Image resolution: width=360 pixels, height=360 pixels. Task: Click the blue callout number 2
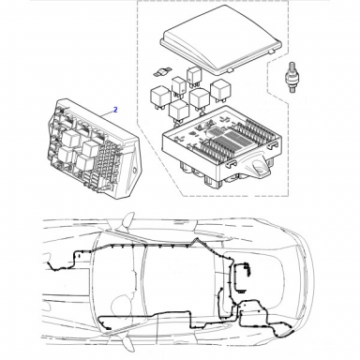(x=115, y=110)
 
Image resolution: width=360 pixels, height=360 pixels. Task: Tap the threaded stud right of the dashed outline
(x=291, y=77)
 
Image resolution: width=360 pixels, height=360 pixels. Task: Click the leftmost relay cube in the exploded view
(x=160, y=97)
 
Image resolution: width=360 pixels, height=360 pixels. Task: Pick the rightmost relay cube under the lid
(x=220, y=90)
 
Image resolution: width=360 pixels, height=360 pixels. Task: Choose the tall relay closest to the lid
(x=194, y=77)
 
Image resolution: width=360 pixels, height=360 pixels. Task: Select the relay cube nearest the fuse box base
(x=179, y=112)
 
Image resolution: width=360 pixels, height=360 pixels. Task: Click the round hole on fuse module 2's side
(x=135, y=171)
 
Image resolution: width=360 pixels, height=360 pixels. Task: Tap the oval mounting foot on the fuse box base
(x=260, y=168)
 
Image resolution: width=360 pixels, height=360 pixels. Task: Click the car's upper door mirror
(x=128, y=219)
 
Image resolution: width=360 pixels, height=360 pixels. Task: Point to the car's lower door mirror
(x=127, y=342)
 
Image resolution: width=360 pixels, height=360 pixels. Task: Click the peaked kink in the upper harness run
(x=197, y=240)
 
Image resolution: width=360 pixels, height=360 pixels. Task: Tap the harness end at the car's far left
(x=49, y=264)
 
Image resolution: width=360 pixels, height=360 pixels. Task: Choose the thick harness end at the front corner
(x=287, y=334)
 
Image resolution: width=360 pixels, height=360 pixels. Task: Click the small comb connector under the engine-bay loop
(x=241, y=292)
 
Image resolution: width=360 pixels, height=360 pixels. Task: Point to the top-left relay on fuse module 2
(x=70, y=138)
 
